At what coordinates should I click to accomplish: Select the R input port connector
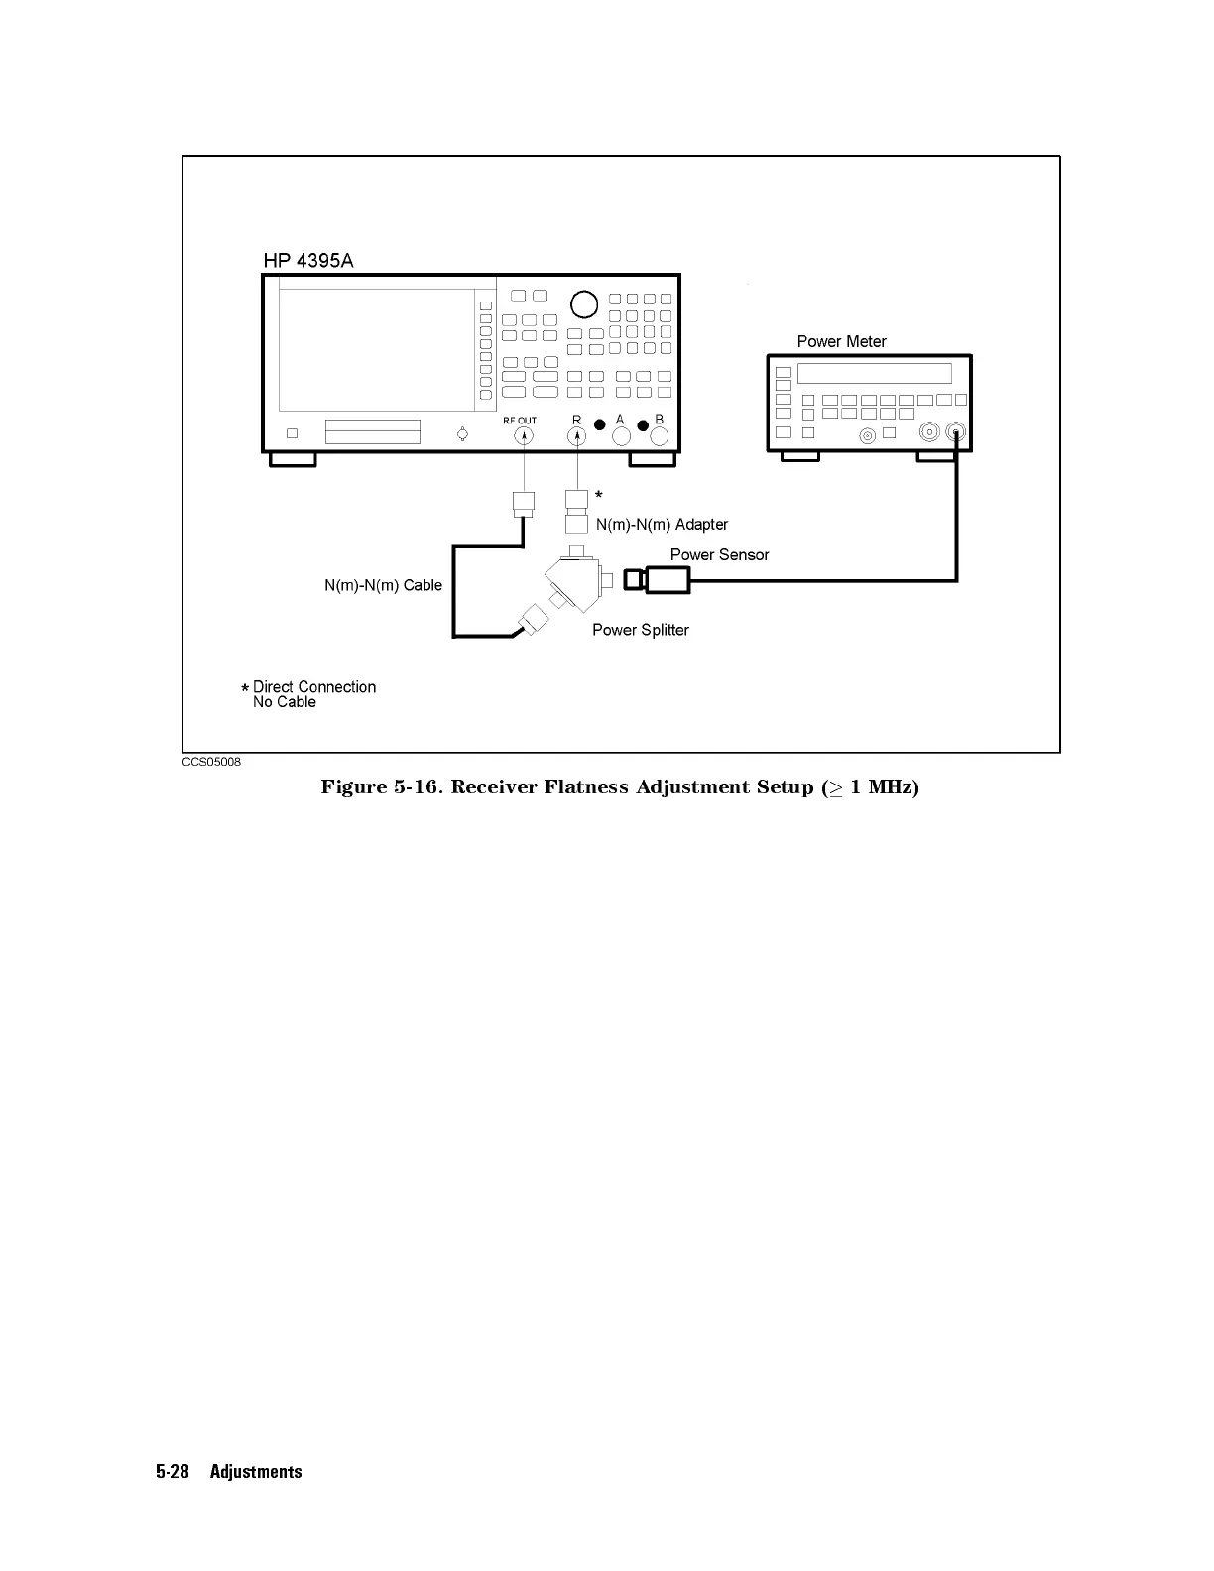point(577,435)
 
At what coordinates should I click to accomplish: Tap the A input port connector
point(622,435)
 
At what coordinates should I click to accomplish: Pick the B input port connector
point(659,435)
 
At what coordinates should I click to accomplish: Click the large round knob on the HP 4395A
point(584,303)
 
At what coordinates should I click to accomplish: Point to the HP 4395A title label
point(307,261)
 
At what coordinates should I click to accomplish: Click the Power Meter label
point(841,341)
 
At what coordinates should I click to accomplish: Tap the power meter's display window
point(874,373)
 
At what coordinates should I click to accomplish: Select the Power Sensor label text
point(719,554)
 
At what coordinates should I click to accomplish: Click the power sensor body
point(667,579)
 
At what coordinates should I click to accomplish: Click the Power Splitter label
point(640,630)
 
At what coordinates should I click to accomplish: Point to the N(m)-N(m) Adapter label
point(662,524)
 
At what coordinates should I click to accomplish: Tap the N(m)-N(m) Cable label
point(383,585)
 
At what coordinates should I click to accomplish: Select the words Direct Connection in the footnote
point(314,686)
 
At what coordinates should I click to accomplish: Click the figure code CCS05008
point(210,762)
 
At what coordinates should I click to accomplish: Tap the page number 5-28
point(173,1472)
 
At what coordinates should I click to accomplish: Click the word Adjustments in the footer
point(256,1472)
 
